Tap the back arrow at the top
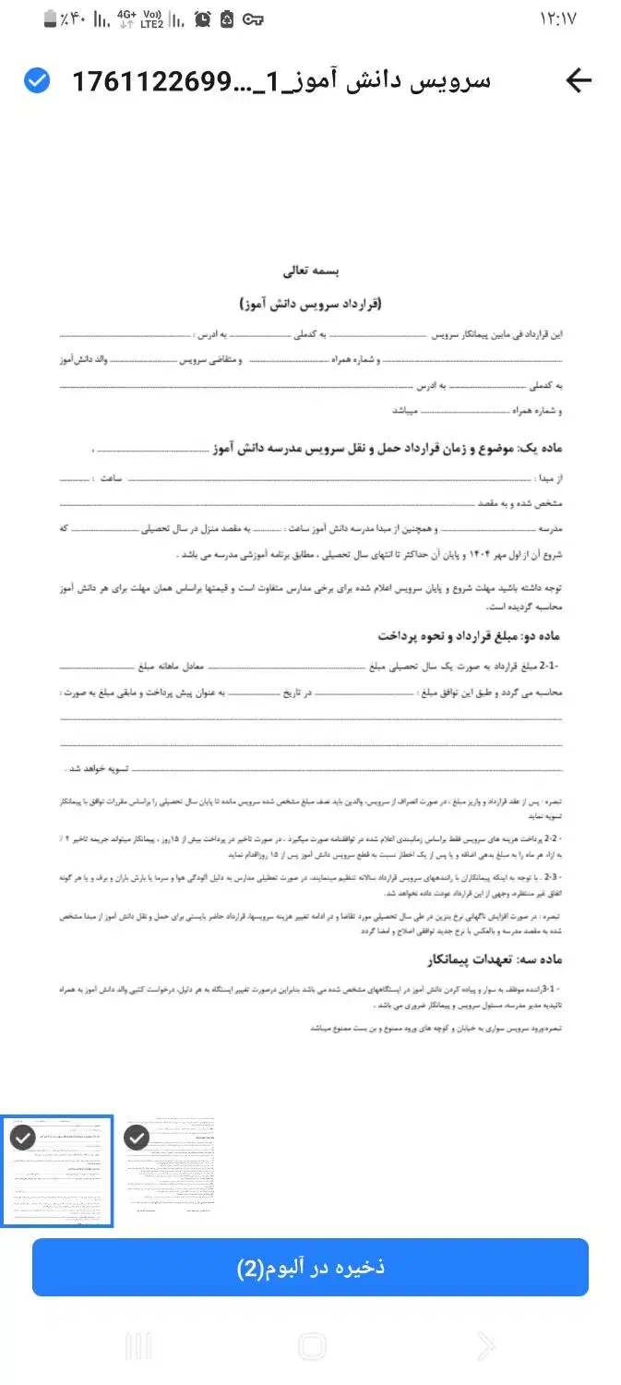click(x=579, y=81)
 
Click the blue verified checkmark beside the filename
click(x=37, y=81)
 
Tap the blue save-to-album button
click(x=310, y=1268)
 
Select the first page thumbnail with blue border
click(x=57, y=1171)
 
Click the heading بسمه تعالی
click(x=312, y=272)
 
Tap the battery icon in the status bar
click(x=51, y=18)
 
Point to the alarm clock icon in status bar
click(x=202, y=18)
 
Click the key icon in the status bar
click(x=253, y=18)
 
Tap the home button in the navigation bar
click(x=312, y=1345)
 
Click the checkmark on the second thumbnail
click(x=137, y=1138)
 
